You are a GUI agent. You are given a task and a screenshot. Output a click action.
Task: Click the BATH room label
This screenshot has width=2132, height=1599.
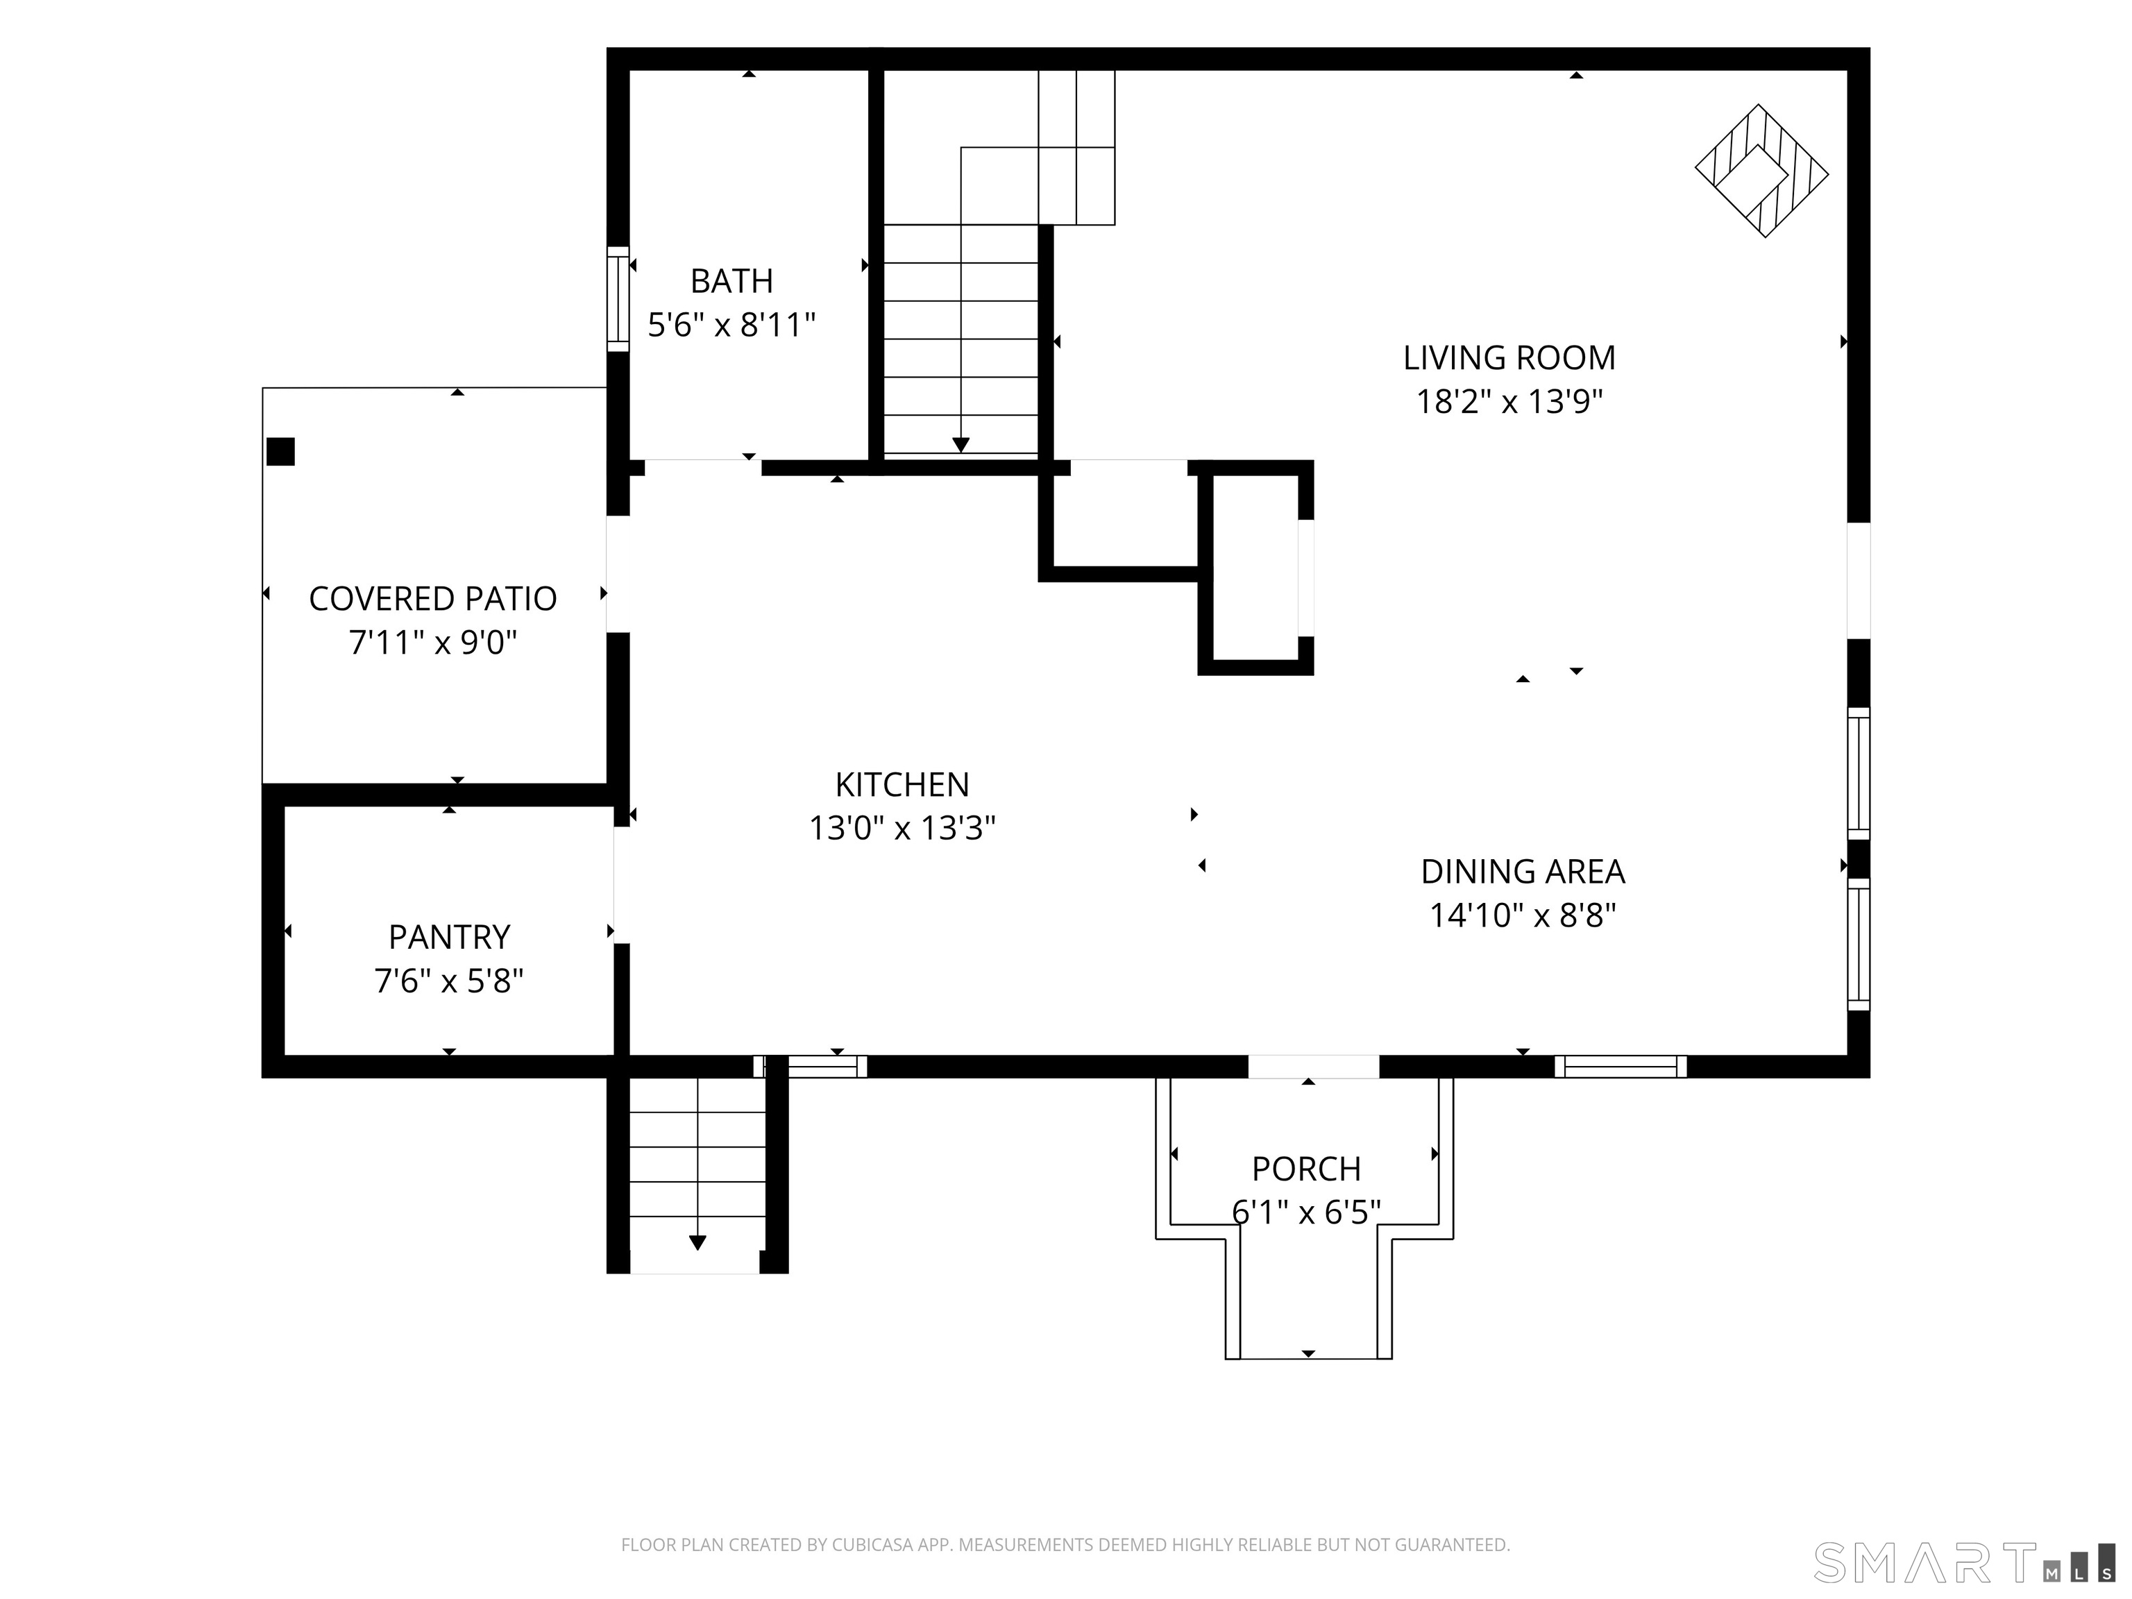(x=731, y=280)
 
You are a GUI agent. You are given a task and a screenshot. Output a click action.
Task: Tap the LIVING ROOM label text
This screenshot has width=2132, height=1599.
(x=1508, y=357)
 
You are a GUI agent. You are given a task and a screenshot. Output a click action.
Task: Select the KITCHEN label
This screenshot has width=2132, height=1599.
(x=902, y=784)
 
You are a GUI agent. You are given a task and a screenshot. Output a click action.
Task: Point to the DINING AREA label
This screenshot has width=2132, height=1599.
(x=1522, y=871)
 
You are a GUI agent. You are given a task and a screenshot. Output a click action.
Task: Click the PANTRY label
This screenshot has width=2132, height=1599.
(x=449, y=937)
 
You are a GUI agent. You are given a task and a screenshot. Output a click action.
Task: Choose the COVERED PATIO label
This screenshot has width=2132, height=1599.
(x=433, y=598)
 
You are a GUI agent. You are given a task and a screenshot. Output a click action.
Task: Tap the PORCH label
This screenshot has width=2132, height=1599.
(x=1306, y=1169)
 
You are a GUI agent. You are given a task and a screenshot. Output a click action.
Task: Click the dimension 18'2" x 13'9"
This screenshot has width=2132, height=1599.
(x=1508, y=401)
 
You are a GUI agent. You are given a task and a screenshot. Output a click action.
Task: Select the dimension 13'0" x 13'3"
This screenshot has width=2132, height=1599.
(x=902, y=828)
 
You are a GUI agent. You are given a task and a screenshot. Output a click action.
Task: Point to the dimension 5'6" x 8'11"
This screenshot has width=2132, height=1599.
(x=731, y=325)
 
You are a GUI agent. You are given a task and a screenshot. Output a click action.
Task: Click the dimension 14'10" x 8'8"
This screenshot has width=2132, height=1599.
(x=1522, y=915)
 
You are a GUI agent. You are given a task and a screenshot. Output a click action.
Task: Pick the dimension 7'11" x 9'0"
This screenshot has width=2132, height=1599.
(x=433, y=642)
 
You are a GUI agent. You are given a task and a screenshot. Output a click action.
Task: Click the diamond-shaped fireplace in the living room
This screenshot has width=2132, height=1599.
(x=1762, y=171)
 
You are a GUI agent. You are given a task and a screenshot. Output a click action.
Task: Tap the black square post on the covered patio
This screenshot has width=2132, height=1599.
(x=280, y=452)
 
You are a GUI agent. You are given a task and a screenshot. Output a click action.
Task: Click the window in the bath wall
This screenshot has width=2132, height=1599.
(x=618, y=299)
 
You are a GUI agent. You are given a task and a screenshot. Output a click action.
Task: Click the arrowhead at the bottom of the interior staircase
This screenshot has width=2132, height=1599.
(x=961, y=444)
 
